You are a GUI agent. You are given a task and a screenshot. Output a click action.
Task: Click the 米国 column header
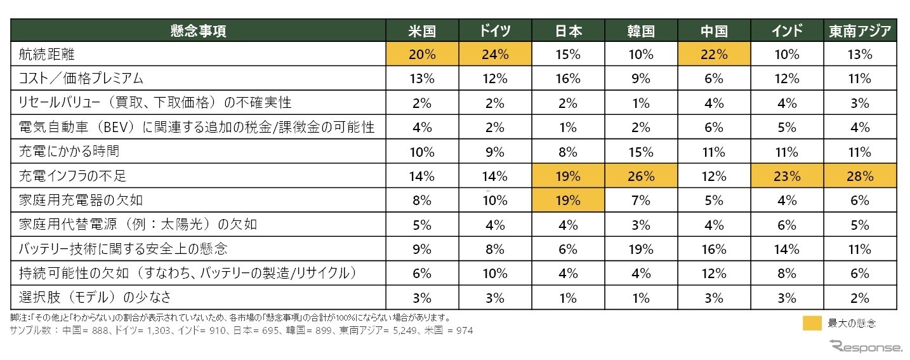click(x=423, y=30)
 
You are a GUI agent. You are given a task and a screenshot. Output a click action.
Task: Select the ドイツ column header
click(x=495, y=30)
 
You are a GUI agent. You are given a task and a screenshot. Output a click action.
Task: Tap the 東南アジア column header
click(x=860, y=30)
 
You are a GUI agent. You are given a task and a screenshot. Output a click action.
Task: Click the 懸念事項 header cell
click(x=198, y=30)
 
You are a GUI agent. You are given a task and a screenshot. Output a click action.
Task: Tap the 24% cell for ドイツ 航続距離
click(x=495, y=55)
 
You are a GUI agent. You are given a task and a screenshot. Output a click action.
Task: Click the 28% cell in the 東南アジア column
click(x=860, y=176)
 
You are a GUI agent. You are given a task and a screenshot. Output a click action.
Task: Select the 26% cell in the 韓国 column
click(x=641, y=176)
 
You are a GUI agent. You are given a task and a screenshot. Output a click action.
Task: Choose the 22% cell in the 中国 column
click(x=714, y=55)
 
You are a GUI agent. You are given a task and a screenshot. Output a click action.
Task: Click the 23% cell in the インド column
click(x=787, y=176)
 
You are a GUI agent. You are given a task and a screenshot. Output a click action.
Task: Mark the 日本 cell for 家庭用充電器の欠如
click(x=568, y=201)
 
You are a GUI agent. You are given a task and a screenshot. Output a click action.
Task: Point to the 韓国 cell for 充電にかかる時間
click(x=641, y=152)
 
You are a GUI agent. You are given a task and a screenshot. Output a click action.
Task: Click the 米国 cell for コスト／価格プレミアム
click(x=423, y=79)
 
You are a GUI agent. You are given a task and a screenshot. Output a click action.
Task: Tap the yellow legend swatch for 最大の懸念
click(x=812, y=324)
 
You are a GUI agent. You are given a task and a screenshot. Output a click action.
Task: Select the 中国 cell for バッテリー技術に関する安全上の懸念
click(x=714, y=249)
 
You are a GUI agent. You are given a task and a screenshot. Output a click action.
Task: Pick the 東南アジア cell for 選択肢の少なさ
click(x=860, y=297)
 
